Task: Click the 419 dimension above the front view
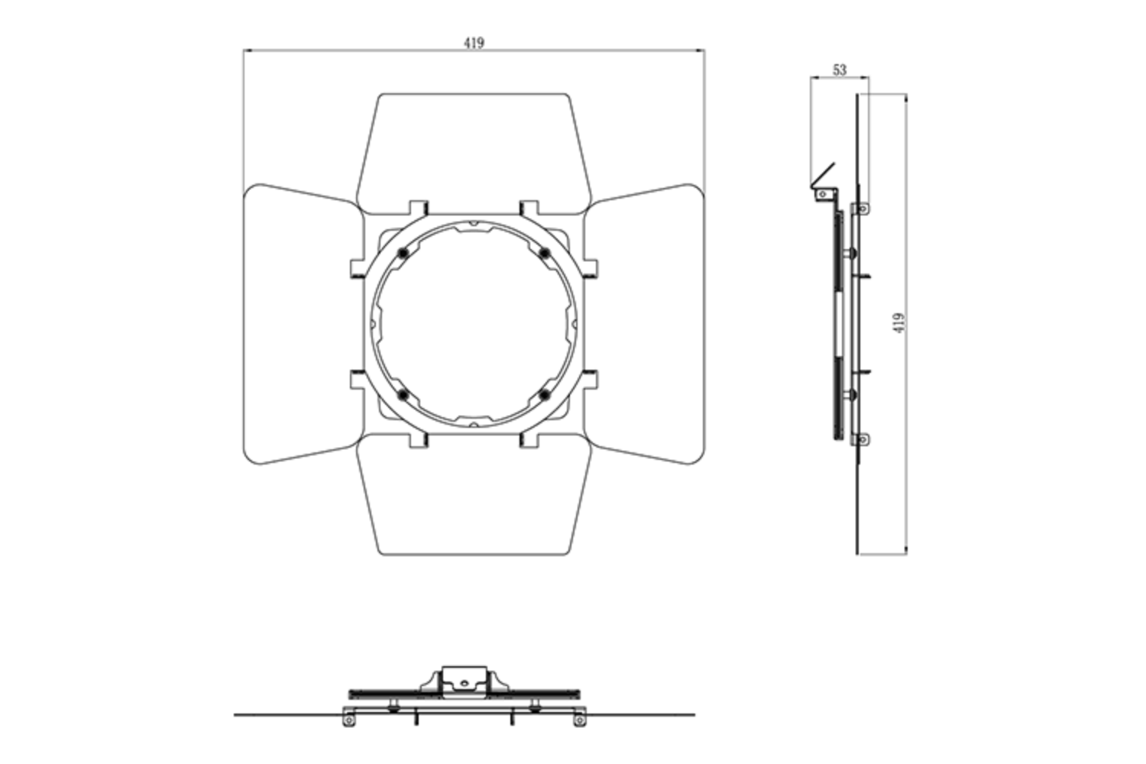coord(474,44)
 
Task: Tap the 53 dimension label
coord(839,70)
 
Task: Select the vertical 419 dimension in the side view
coord(899,322)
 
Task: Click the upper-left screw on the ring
coord(403,253)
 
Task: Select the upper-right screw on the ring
coord(545,253)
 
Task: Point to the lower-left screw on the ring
coord(403,394)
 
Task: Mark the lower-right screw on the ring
coord(545,394)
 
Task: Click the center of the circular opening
coord(474,324)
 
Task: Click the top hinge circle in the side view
coord(863,208)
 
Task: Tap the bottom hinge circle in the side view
coord(863,439)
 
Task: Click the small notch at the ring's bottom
coord(474,423)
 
